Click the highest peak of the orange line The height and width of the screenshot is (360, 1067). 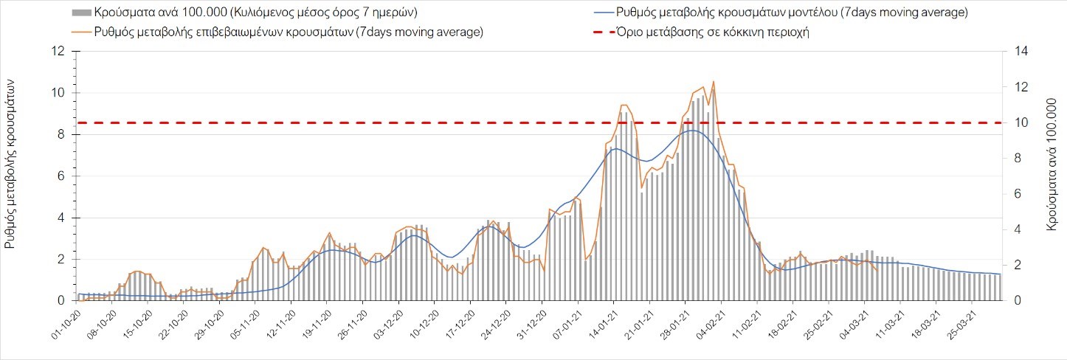[x=714, y=81]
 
